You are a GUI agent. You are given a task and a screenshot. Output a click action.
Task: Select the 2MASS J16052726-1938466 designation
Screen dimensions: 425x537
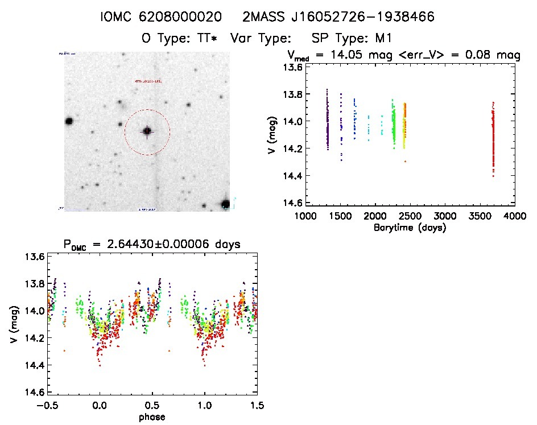[x=339, y=18]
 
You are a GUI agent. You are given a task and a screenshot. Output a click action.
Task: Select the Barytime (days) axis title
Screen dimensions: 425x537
[x=410, y=228]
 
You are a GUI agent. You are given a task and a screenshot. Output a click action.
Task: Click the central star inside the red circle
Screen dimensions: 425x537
[x=147, y=131]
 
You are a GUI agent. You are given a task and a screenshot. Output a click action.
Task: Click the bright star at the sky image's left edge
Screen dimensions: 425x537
[x=69, y=121]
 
